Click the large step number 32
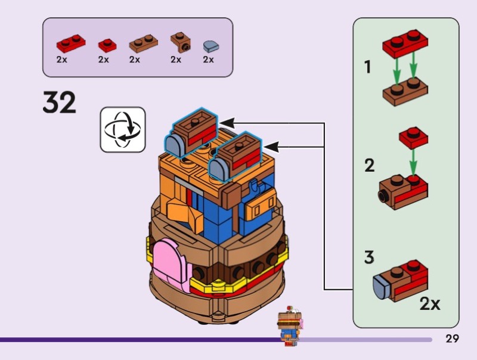pos(60,103)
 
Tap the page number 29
pos(452,339)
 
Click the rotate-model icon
pos(122,129)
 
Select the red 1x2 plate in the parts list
pos(70,44)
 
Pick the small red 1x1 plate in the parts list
pos(107,45)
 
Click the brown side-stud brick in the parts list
pos(179,41)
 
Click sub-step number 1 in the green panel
pos(368,67)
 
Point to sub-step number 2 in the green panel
pos(370,165)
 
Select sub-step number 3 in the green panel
pos(369,258)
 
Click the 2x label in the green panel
pos(430,304)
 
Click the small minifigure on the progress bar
pos(289,328)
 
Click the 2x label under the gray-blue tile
pos(208,60)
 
